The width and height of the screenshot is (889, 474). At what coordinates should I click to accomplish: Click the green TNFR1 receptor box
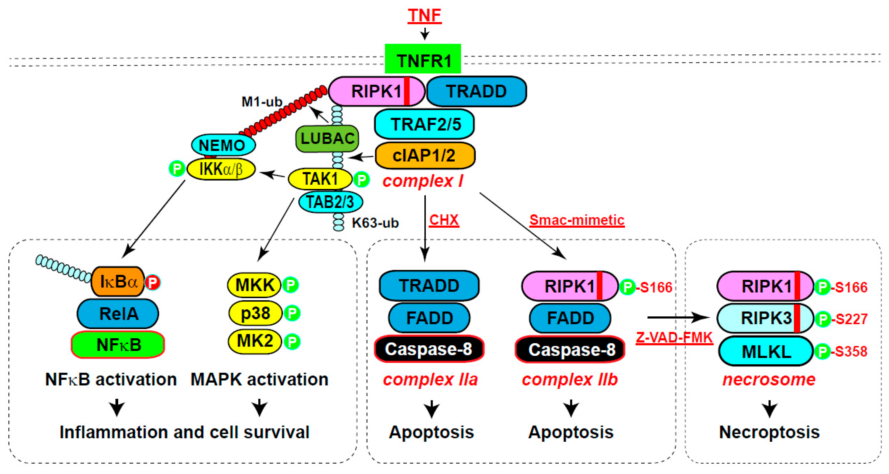click(422, 59)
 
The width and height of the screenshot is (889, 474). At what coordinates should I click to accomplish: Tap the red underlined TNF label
click(424, 16)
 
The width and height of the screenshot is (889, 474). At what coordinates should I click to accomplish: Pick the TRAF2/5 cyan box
click(424, 124)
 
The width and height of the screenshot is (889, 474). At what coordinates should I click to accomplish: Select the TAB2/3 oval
click(330, 202)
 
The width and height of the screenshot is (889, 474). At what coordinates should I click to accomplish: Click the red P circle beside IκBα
click(152, 282)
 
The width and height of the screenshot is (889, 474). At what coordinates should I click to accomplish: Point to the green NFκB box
click(118, 345)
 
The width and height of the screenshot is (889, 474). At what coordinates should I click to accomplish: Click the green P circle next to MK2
click(292, 341)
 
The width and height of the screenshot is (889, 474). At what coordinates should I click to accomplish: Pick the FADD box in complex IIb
click(570, 318)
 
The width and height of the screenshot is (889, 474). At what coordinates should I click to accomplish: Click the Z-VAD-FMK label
click(674, 337)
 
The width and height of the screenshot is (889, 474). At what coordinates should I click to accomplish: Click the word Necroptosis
click(769, 432)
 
